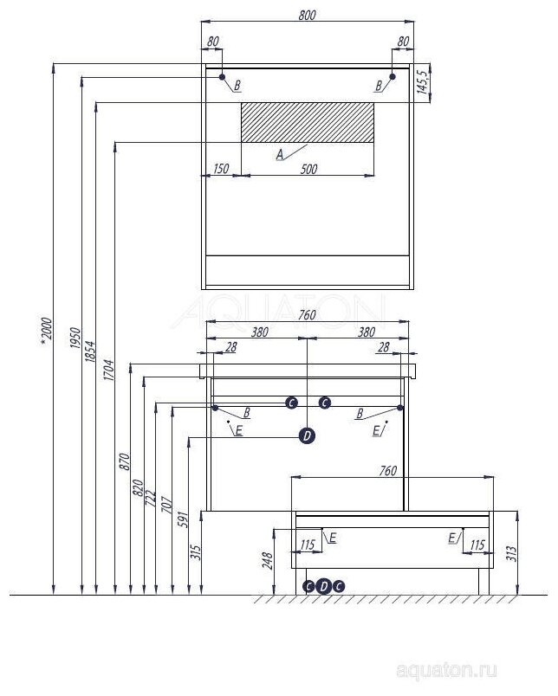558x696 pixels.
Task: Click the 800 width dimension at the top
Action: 307,15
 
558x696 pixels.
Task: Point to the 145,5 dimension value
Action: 422,82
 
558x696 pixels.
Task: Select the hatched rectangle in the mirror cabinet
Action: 307,122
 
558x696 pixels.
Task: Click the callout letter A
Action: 279,155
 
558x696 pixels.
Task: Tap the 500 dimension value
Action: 308,169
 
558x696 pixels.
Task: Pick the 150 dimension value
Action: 220,169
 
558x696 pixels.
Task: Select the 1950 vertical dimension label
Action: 75,338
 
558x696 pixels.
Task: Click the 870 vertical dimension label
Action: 124,460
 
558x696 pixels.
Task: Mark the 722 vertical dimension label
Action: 150,499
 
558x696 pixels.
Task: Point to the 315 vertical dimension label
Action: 196,551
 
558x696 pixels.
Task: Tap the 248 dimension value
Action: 267,563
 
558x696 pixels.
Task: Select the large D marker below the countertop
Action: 307,436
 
